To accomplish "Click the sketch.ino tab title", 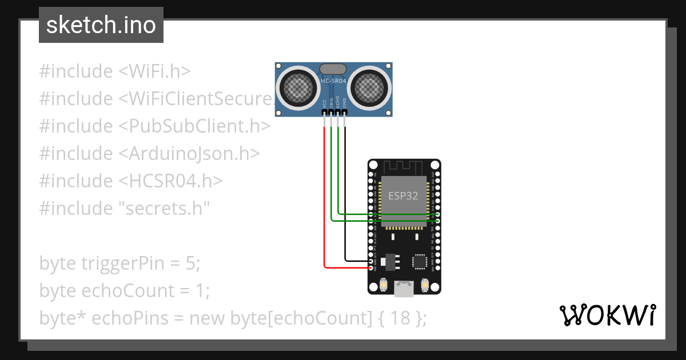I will [x=101, y=25].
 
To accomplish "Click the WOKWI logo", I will [x=607, y=315].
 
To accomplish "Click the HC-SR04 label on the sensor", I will [x=333, y=82].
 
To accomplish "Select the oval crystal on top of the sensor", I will [x=333, y=69].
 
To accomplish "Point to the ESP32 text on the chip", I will [x=403, y=195].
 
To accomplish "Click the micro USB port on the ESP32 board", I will [x=404, y=290].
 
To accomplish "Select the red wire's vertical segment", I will [x=324, y=194].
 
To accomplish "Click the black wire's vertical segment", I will [x=345, y=194].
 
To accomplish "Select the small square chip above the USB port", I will [x=420, y=261].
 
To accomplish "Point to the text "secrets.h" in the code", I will [x=159, y=209].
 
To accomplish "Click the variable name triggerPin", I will [x=122, y=263].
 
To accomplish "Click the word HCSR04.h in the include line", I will [x=170, y=181].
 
